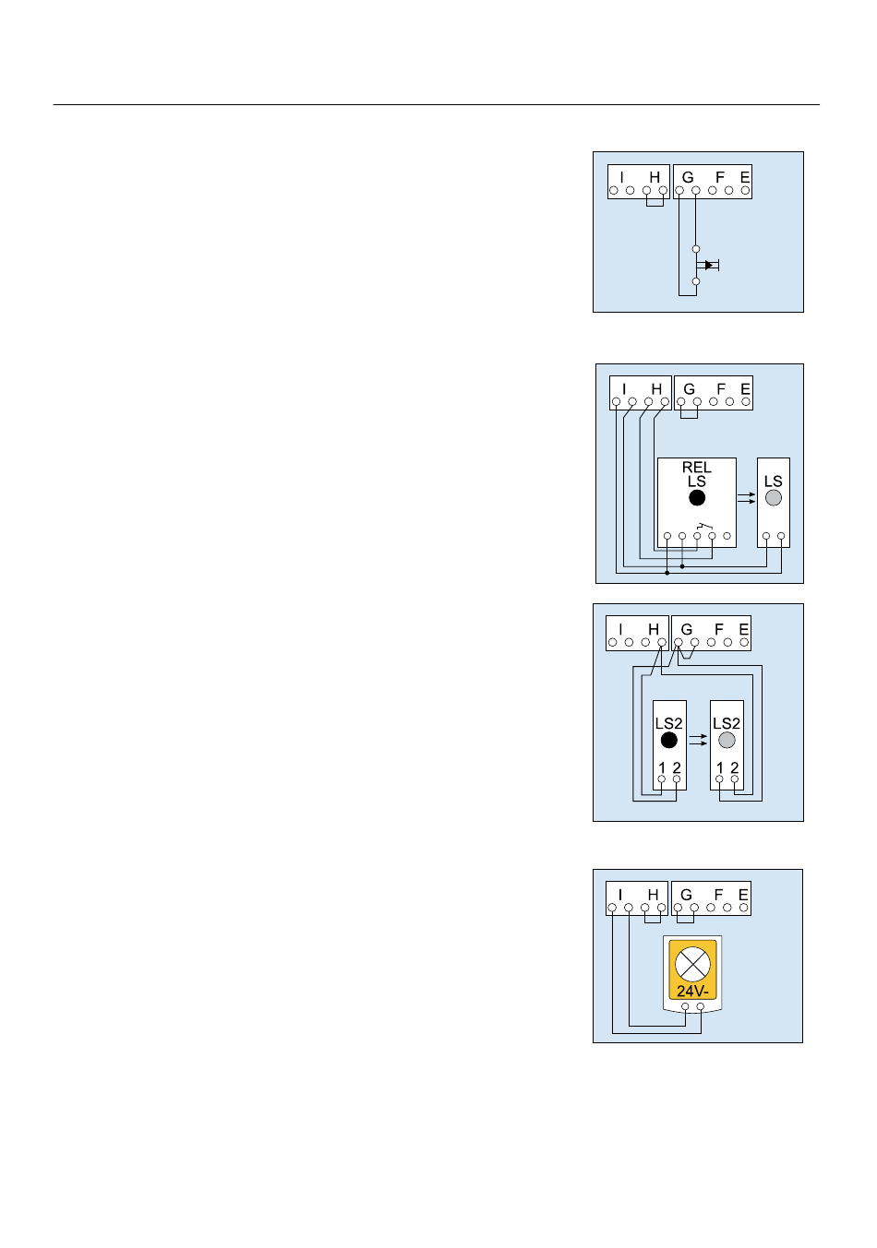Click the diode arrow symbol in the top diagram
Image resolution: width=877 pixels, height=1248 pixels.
[x=708, y=266]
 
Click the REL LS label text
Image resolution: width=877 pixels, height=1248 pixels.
[x=697, y=474]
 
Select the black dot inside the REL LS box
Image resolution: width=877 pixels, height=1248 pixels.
[x=697, y=498]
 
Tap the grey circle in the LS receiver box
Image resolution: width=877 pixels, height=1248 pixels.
[x=774, y=497]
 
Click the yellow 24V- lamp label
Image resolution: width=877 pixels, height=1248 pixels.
[x=692, y=992]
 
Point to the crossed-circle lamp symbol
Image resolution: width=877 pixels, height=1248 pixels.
[x=692, y=964]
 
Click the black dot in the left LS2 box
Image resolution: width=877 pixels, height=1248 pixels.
[x=669, y=741]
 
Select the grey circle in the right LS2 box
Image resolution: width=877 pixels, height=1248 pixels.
[x=727, y=741]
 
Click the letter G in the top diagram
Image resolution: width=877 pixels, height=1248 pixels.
[x=688, y=177]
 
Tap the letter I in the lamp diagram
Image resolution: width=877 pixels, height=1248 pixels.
[x=620, y=895]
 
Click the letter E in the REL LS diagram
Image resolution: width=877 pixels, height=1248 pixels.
[x=745, y=389]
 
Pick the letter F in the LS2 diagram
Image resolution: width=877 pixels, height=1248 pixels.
[x=719, y=629]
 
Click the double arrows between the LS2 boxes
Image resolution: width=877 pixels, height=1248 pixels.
[x=698, y=740]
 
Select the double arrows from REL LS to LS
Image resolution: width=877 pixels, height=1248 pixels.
[x=747, y=498]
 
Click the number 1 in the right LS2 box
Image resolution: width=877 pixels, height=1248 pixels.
[x=719, y=767]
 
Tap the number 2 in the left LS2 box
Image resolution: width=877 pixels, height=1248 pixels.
[x=677, y=767]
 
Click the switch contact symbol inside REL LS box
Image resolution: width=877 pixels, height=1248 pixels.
[x=704, y=527]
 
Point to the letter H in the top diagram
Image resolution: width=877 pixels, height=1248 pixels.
[x=655, y=177]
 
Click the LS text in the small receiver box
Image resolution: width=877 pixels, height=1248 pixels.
[x=774, y=481]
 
